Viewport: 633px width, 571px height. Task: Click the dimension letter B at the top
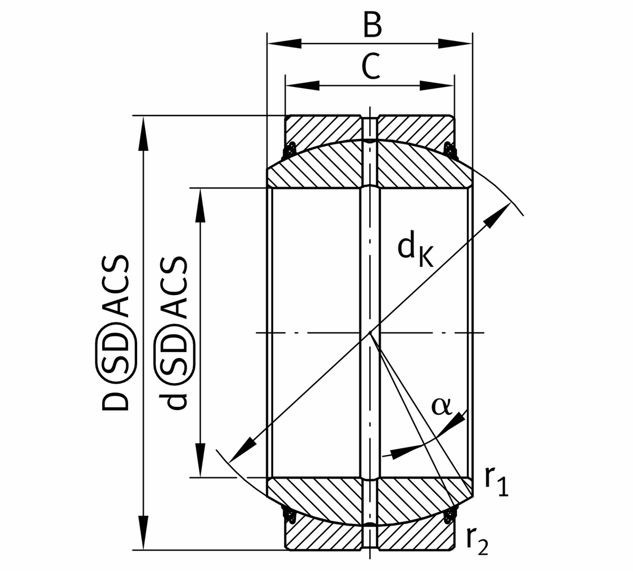[372, 25]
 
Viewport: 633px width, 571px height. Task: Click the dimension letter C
[371, 67]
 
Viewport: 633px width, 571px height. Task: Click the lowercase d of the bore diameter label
[175, 400]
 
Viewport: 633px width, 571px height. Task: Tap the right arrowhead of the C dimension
[437, 85]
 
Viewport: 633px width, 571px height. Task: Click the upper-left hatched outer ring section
[322, 129]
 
